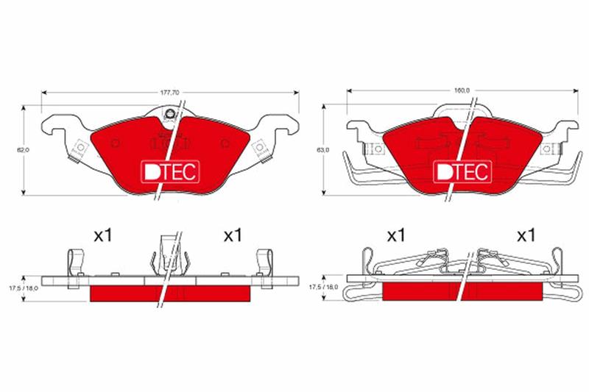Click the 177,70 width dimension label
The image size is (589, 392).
coord(170,93)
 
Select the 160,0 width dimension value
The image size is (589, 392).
coord(462,90)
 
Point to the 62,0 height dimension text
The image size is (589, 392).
coord(24,150)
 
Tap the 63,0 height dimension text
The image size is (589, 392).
coord(322,150)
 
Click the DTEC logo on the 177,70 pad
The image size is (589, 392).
coord(170,172)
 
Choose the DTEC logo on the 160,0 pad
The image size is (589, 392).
coord(462,172)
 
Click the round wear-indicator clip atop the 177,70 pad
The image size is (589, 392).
coord(169,114)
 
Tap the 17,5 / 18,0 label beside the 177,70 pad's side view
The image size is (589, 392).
coord(24,288)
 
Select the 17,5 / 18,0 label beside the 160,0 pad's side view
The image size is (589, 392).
coord(323,287)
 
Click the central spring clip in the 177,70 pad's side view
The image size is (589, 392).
coord(169,255)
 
